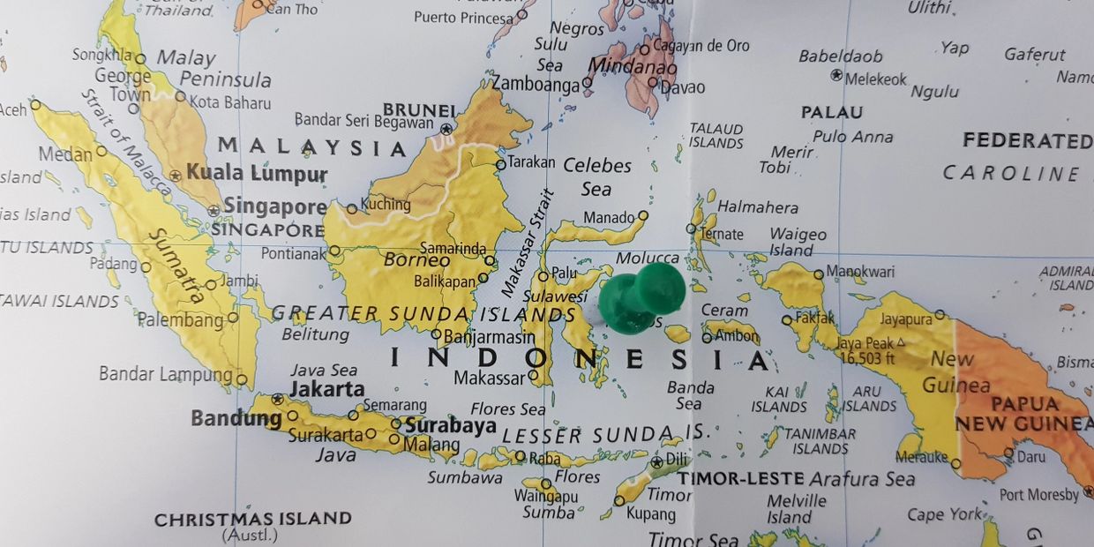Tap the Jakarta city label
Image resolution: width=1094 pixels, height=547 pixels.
click(326, 388)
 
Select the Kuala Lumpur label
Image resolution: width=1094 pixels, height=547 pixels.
click(257, 174)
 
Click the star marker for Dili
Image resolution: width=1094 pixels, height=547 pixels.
click(656, 461)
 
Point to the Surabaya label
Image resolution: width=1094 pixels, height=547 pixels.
click(450, 425)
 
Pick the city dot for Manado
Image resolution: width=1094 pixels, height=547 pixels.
click(643, 215)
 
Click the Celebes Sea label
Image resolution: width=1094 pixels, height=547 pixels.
click(597, 176)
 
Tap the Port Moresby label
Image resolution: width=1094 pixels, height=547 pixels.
click(1038, 495)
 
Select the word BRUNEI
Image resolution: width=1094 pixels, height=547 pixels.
click(419, 110)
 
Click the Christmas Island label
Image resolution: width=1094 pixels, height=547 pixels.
click(253, 519)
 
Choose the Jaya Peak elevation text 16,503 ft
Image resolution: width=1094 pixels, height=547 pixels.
click(869, 357)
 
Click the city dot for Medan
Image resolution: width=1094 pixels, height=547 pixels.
click(101, 151)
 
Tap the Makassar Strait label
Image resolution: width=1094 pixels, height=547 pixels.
click(527, 243)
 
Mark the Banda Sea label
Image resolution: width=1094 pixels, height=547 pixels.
click(690, 395)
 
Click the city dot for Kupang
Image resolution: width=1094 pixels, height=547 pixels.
click(618, 500)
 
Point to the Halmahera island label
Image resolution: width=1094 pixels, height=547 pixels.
click(757, 207)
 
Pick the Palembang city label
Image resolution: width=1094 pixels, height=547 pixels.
click(180, 319)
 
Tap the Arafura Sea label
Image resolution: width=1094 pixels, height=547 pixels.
click(862, 479)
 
